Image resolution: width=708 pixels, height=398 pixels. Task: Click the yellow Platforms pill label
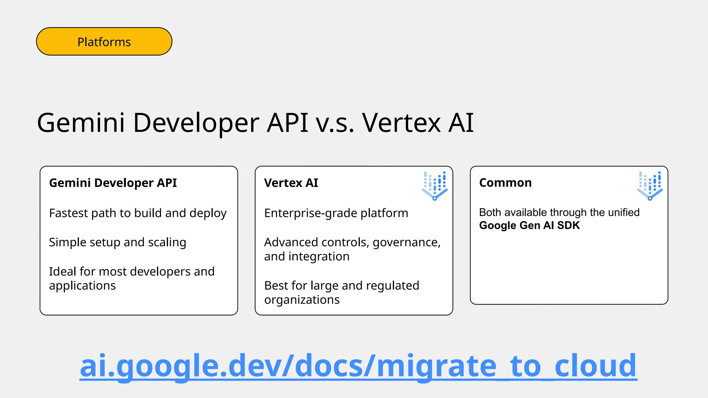click(x=104, y=42)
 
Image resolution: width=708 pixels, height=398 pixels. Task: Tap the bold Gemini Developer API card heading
click(x=113, y=183)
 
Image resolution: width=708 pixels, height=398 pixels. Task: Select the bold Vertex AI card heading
click(x=291, y=183)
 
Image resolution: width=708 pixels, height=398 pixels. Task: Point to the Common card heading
click(x=505, y=183)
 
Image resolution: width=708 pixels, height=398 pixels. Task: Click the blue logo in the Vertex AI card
click(x=435, y=186)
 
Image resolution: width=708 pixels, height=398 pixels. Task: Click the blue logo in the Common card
click(x=650, y=186)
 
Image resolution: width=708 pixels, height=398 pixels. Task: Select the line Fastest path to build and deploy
click(x=138, y=213)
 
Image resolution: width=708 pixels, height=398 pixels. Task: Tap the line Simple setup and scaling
click(x=118, y=242)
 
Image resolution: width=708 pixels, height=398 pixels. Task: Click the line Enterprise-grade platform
click(x=336, y=213)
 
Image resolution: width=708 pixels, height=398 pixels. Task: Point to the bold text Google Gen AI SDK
click(x=529, y=225)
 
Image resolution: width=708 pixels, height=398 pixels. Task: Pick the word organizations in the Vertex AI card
click(x=302, y=300)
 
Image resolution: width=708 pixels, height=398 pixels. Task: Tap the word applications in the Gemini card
click(x=82, y=286)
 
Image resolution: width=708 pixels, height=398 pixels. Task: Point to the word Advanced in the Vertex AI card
click(x=291, y=242)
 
